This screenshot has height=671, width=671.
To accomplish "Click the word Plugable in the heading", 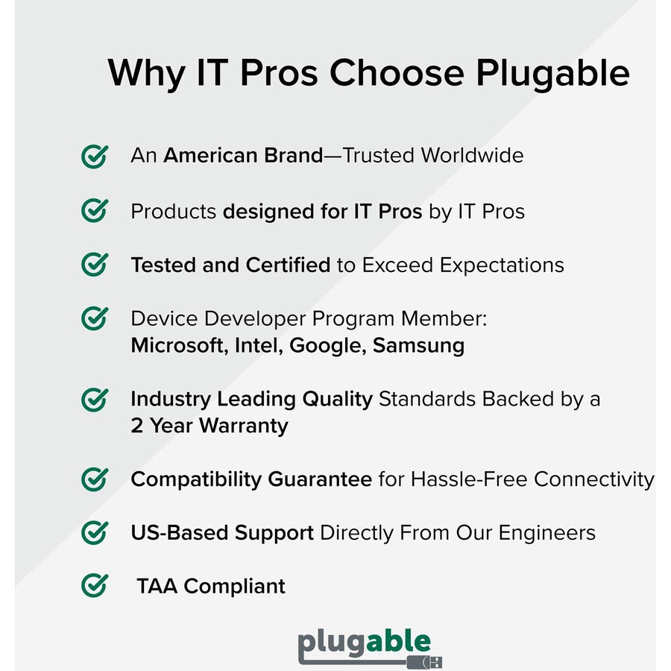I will coord(552,74).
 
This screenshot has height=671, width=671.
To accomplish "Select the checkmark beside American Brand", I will coord(94,156).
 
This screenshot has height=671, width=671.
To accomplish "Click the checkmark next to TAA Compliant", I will coord(94,585).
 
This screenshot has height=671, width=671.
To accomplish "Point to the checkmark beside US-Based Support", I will coord(94,532).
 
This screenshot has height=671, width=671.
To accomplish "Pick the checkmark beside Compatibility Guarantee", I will coord(94,479).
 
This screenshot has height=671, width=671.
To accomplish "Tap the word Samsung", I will coord(418,346).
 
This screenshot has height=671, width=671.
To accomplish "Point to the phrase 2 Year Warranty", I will coord(210,426).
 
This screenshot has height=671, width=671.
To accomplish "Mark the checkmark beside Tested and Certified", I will coord(94,265).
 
